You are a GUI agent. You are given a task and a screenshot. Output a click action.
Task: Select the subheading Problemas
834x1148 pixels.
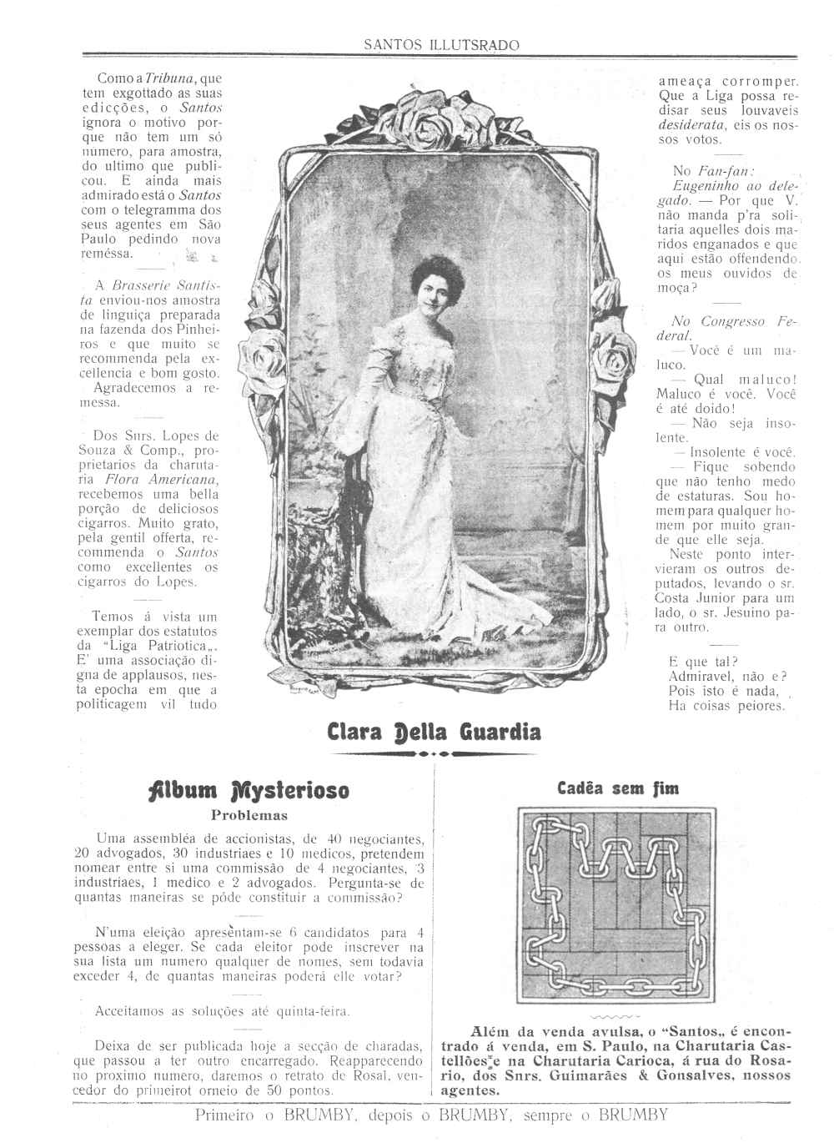click(x=249, y=815)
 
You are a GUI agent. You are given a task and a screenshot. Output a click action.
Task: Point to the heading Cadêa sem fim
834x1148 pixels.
click(x=618, y=788)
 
